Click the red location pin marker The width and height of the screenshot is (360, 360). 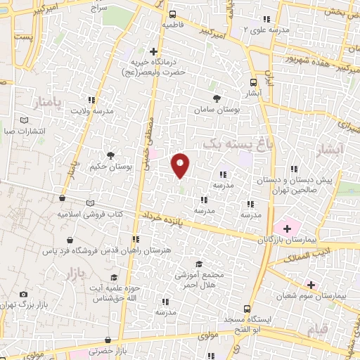(x=181, y=165)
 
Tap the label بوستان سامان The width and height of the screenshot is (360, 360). (x=217, y=110)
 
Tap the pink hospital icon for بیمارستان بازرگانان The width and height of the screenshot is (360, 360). (x=287, y=228)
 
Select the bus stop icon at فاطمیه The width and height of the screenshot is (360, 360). (x=173, y=14)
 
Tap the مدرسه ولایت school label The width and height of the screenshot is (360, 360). (x=94, y=110)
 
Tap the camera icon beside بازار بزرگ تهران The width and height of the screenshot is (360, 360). (x=24, y=294)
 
